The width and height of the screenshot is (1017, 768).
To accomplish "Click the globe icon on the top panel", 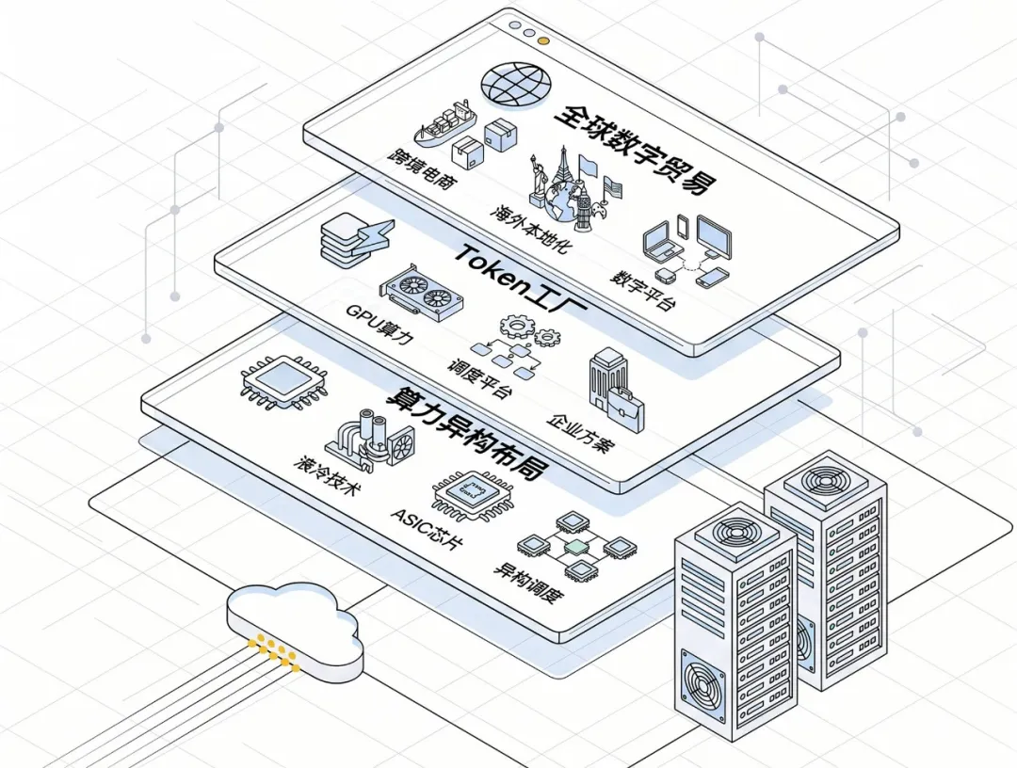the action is (x=516, y=86).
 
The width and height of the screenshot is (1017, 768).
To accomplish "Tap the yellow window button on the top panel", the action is (x=543, y=40).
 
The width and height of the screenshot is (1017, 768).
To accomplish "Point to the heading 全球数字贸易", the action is (x=637, y=148).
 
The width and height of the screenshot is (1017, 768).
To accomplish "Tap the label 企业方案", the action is (x=581, y=433).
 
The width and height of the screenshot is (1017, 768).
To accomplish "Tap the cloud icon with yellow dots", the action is (x=295, y=629).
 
